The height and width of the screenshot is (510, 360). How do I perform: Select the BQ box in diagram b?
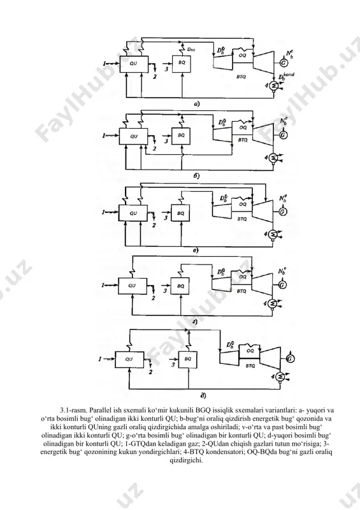click(181, 135)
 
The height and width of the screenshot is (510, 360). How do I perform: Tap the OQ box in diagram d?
click(250, 351)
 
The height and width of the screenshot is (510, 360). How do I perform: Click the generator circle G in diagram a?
click(284, 63)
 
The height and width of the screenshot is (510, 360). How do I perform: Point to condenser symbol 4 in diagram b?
click(273, 157)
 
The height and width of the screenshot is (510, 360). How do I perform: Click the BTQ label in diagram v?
click(241, 219)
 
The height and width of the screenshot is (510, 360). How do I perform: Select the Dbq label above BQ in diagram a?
click(191, 50)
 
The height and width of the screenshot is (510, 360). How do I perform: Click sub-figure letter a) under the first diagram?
click(196, 105)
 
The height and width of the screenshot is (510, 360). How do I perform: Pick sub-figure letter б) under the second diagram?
click(196, 176)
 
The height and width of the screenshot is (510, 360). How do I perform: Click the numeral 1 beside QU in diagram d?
click(101, 359)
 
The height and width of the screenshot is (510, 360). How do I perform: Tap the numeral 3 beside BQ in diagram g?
click(164, 290)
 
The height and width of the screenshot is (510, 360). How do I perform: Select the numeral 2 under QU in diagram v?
click(154, 225)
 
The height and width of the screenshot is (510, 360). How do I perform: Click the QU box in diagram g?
click(132, 286)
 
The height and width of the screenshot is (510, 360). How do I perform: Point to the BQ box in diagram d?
click(188, 360)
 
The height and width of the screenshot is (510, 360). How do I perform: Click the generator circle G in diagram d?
click(290, 359)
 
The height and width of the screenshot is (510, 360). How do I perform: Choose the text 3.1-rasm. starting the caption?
click(73, 410)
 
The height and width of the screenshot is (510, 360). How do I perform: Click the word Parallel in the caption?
click(99, 410)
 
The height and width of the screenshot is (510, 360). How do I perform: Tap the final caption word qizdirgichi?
click(186, 461)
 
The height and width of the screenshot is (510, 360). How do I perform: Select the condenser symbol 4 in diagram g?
click(273, 303)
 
